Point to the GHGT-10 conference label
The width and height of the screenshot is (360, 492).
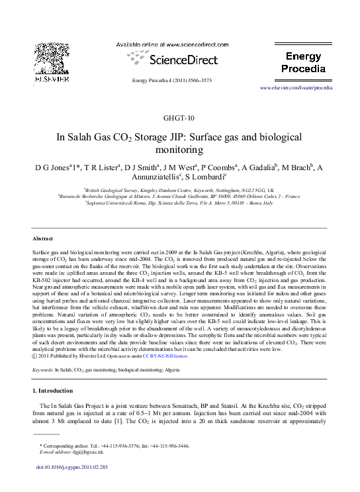tap(179, 119)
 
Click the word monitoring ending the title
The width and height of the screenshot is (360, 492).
tap(179, 150)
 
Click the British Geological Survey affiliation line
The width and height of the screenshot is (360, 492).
tap(179, 189)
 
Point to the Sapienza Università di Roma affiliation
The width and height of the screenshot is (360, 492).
tap(179, 203)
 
